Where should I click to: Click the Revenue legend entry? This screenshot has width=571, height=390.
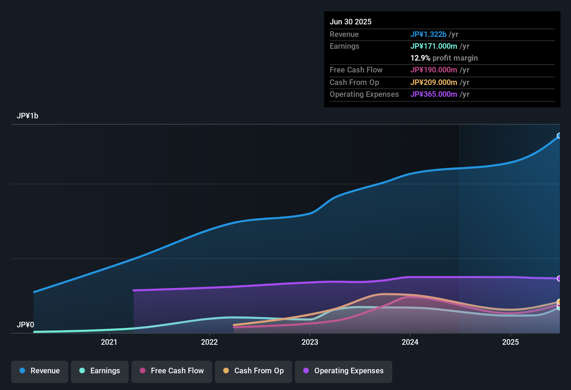click(40, 371)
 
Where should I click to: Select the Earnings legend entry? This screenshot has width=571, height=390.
click(100, 371)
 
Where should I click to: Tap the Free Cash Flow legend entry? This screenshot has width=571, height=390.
click(172, 371)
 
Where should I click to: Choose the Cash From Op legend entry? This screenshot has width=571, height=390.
click(254, 371)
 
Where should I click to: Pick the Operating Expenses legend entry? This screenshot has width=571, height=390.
click(344, 371)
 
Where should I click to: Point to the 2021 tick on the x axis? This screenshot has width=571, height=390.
click(109, 342)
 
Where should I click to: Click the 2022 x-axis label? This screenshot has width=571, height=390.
click(209, 342)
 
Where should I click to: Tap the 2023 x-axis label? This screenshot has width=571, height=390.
click(310, 342)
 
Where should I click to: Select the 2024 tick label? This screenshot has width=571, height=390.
click(410, 342)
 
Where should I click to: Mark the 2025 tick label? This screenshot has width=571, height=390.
click(510, 342)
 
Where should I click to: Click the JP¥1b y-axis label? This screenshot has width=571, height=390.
click(27, 116)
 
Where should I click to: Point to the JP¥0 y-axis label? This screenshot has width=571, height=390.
click(25, 325)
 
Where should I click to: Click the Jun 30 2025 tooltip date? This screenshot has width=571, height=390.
click(351, 22)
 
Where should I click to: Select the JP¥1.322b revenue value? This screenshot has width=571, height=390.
click(428, 34)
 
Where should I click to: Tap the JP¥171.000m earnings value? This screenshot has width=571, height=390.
click(434, 46)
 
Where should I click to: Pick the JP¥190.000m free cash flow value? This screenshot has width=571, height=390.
click(434, 70)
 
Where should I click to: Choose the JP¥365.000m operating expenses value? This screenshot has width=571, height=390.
click(434, 94)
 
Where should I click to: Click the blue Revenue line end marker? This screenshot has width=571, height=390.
click(559, 136)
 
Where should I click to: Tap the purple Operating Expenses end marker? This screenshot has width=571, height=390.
click(559, 279)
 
